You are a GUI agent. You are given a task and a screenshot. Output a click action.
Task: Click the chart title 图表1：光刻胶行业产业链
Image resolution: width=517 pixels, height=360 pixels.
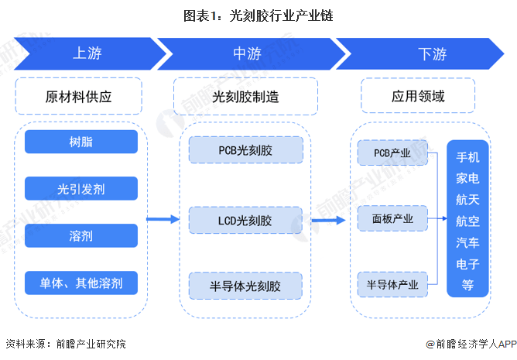(258, 15)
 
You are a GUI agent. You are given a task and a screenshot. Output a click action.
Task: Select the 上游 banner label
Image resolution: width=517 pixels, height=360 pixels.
(87, 53)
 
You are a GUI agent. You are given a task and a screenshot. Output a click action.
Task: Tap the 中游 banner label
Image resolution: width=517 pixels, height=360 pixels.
(248, 53)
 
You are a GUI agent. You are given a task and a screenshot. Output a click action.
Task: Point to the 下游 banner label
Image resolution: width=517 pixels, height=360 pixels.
(433, 53)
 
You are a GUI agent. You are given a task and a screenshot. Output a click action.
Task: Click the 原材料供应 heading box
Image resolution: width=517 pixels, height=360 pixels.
(78, 96)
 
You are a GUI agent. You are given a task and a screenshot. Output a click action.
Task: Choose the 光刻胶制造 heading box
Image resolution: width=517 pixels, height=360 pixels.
(245, 96)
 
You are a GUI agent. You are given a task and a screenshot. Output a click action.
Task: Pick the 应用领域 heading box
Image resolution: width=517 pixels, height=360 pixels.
(418, 96)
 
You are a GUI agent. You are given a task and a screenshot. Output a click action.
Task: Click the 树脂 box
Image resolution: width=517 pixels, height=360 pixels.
(81, 142)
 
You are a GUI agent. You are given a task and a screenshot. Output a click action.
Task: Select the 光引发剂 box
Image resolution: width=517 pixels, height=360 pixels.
(81, 188)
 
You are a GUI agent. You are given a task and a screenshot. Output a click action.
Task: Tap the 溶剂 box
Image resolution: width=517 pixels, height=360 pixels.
(81, 235)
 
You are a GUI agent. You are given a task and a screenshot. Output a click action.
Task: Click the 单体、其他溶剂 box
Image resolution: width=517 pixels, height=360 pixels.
(81, 283)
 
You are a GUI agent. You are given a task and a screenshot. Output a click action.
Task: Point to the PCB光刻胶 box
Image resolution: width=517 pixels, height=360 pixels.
(245, 150)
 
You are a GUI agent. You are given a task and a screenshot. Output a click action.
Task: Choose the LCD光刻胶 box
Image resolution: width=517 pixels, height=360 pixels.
(245, 220)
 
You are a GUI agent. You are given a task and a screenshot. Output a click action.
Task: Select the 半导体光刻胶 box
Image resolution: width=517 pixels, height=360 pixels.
(245, 286)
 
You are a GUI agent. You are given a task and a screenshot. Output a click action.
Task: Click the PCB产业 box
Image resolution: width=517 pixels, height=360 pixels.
(392, 153)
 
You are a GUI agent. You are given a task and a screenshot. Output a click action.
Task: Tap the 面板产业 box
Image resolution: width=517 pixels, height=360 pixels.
(392, 218)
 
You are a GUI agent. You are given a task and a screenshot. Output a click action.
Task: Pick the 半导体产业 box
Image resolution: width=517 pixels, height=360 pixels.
(392, 284)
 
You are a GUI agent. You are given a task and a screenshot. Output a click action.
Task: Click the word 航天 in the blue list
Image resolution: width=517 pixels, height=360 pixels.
(467, 200)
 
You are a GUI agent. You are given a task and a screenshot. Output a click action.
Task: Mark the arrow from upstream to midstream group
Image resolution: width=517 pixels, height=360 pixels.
(163, 219)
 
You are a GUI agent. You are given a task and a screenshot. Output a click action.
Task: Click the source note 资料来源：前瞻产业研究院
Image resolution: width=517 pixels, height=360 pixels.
(66, 345)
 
